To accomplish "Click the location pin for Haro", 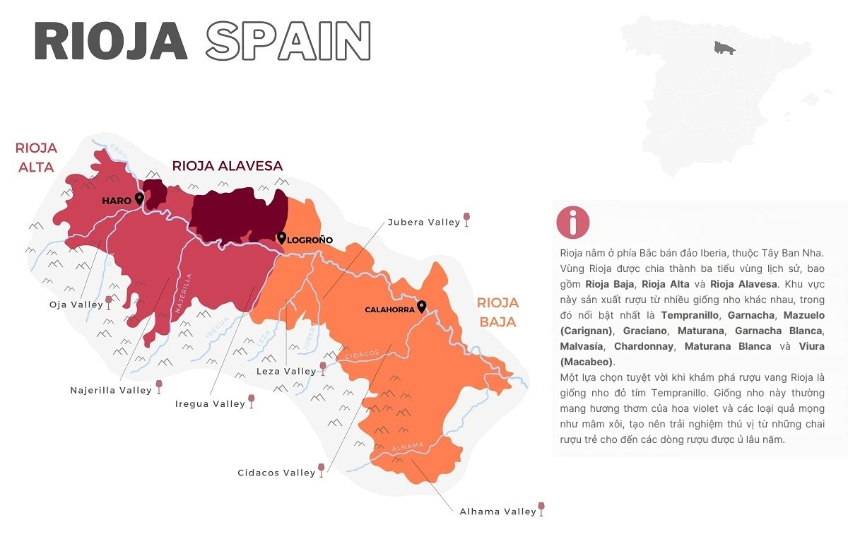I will coord(139,199).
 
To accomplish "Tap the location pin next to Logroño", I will coord(281,238).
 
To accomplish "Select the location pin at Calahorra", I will coord(422,306).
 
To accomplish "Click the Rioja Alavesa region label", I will coord(227,166).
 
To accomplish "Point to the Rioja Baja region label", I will coord(497,312).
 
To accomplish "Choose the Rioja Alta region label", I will coord(36,158).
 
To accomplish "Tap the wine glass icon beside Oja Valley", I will coord(109,303).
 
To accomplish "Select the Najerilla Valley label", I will coord(111,390).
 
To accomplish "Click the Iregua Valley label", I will coord(210,404).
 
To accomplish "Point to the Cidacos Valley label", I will coord(276,473).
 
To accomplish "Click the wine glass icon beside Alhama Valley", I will coord(542,509).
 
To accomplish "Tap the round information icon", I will coord(572,222).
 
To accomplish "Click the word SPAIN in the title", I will coord(288,41).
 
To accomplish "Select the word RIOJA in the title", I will coord(111,41).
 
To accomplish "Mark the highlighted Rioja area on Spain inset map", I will coord(722,48).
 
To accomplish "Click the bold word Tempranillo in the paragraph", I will coord(690,314).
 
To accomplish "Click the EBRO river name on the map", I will coord(117,153).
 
